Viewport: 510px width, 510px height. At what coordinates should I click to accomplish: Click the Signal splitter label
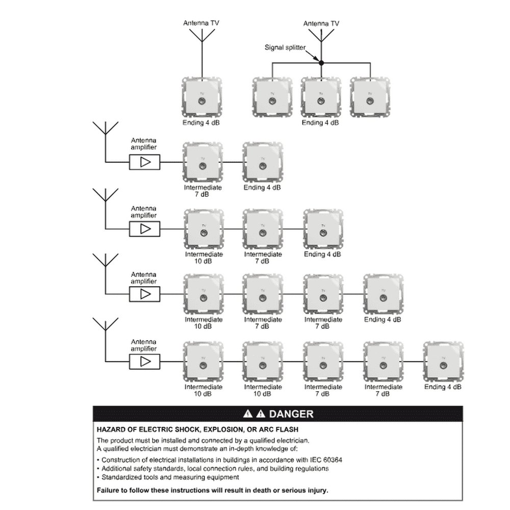(x=285, y=47)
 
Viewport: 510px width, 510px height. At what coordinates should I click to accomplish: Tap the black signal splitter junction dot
(x=321, y=63)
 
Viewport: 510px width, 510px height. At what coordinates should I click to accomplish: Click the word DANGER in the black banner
(x=291, y=414)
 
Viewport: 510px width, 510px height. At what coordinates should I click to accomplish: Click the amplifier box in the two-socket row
(x=145, y=162)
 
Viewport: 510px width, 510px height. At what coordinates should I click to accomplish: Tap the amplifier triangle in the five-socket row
(x=145, y=362)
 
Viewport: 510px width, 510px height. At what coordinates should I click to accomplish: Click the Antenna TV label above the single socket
(x=201, y=23)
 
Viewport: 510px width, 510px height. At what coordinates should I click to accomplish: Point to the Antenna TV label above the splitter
(x=321, y=23)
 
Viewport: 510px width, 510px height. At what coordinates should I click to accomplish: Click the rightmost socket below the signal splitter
(x=370, y=97)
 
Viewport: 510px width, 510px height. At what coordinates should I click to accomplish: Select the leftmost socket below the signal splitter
(x=272, y=97)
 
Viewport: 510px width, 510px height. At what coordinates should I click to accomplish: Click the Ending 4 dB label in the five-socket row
(x=443, y=387)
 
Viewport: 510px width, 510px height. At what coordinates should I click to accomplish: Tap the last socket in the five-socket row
(x=443, y=362)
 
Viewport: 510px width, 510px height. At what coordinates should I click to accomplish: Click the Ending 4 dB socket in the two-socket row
(x=263, y=162)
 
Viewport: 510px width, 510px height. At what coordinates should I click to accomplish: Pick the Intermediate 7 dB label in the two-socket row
(x=202, y=191)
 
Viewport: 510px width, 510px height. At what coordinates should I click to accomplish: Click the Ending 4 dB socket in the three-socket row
(x=323, y=229)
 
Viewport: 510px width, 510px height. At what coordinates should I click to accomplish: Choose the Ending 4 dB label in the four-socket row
(x=382, y=319)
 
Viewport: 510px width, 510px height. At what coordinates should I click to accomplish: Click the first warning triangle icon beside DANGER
(x=248, y=414)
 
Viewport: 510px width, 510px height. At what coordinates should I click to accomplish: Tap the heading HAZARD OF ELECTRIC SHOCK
(x=197, y=429)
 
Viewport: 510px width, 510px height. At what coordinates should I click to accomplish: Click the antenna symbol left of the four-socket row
(x=106, y=274)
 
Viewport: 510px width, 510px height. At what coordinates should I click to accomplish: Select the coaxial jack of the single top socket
(x=202, y=101)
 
